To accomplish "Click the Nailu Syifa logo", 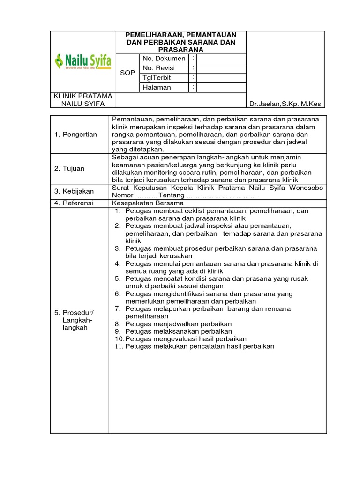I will click(83, 61).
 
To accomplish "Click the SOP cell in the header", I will click(127, 73).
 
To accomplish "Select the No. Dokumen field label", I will click(164, 59).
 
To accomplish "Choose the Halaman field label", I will click(158, 87).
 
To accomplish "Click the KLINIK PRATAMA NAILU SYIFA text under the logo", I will click(83, 100).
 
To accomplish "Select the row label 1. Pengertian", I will click(75, 135).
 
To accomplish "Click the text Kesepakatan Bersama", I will click(148, 203).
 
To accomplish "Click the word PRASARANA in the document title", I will click(180, 49).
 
